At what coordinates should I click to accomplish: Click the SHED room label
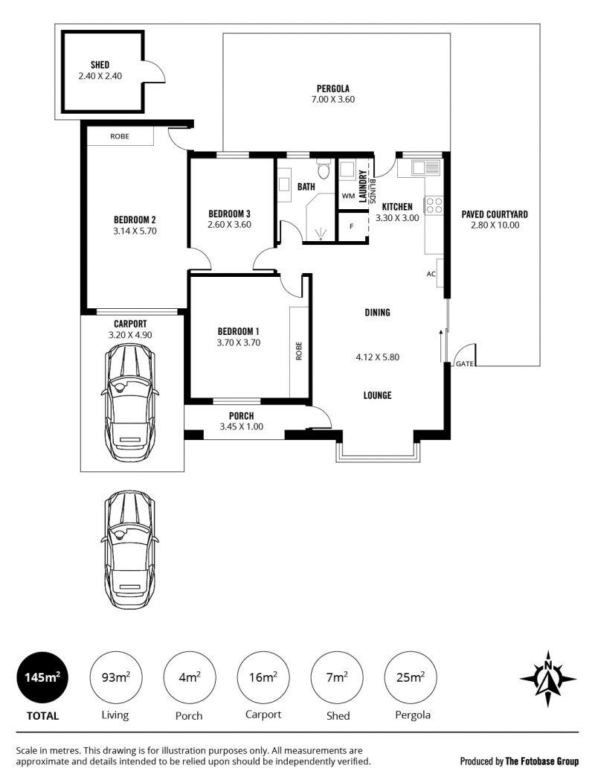[x=100, y=65]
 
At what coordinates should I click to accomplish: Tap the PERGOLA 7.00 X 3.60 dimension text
[x=333, y=100]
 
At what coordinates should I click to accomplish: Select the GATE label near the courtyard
[x=464, y=364]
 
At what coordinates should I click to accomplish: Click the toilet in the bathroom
[x=324, y=167]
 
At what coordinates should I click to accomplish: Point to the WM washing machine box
[x=348, y=196]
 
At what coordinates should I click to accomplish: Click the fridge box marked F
[x=352, y=227]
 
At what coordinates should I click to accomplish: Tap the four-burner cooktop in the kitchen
[x=434, y=205]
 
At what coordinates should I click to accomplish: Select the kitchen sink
[x=425, y=167]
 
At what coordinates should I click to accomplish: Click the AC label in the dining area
[x=431, y=274]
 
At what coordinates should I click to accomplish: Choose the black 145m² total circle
[x=42, y=677]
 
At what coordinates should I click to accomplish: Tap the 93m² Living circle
[x=116, y=677]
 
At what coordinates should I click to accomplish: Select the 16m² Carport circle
[x=263, y=677]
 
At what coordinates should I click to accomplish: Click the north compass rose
[x=548, y=679]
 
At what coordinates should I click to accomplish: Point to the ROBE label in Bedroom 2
[x=120, y=136]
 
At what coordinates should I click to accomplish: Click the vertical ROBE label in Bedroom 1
[x=299, y=351]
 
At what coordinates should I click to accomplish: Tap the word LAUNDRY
[x=363, y=186]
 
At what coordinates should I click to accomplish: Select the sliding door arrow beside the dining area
[x=441, y=345]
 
